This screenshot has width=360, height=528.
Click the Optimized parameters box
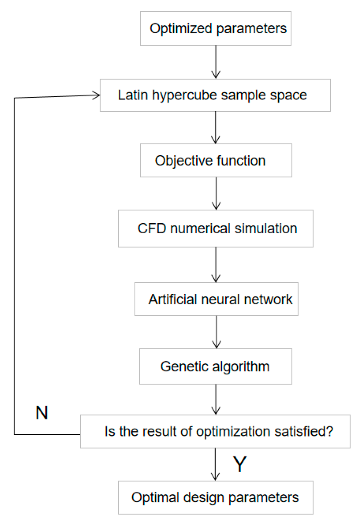pyautogui.click(x=216, y=29)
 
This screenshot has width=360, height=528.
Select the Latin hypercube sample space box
pyautogui.click(x=215, y=95)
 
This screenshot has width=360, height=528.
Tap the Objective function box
pyautogui.click(x=216, y=161)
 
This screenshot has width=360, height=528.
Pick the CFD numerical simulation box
pyautogui.click(x=216, y=228)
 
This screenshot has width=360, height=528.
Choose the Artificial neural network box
pyautogui.click(x=216, y=299)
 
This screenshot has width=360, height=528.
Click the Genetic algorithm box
pyautogui.click(x=216, y=366)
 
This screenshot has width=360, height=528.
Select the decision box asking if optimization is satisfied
pyautogui.click(x=215, y=432)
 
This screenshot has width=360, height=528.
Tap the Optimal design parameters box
pyautogui.click(x=216, y=497)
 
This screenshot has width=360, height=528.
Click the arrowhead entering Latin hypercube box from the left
pyautogui.click(x=96, y=95)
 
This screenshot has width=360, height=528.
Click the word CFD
pyautogui.click(x=149, y=228)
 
